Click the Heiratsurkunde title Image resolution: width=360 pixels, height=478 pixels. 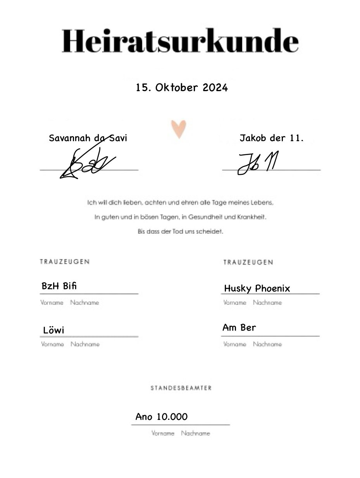coord(180,41)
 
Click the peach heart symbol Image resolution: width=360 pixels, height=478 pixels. coord(179,129)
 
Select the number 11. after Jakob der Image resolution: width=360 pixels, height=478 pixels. coord(297,138)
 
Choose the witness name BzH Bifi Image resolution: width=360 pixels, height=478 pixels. coord(59,286)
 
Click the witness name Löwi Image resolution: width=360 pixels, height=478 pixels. coord(54,330)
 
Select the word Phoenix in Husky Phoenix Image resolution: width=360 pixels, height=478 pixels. coord(272,288)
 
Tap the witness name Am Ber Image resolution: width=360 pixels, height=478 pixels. coord(239,328)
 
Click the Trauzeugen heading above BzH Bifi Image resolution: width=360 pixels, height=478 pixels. coord(65,262)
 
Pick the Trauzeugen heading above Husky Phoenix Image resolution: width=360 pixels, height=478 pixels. coord(248,262)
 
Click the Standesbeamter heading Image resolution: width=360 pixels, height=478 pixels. coord(181,388)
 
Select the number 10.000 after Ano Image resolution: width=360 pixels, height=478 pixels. coord(172,417)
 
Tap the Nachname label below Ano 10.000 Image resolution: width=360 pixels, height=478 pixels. coord(195,433)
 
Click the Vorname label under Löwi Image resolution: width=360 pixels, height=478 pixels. coord(52,344)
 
